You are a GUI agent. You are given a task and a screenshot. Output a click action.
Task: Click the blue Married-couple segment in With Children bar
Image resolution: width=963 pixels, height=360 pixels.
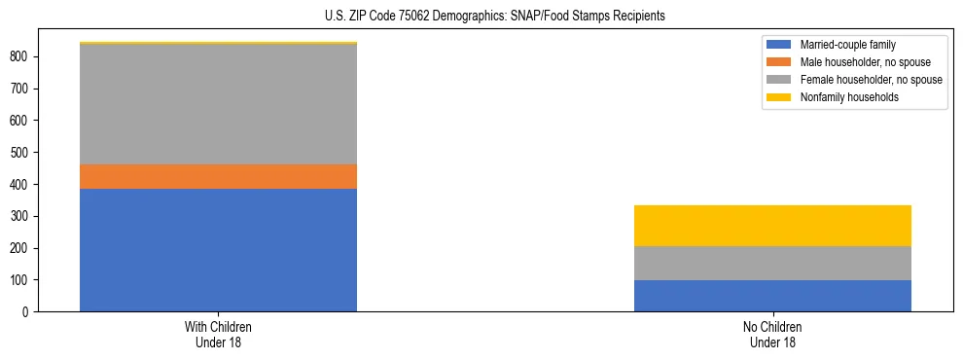coord(218,250)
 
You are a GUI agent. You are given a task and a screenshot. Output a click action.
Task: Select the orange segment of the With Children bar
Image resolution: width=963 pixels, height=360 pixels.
coord(218,176)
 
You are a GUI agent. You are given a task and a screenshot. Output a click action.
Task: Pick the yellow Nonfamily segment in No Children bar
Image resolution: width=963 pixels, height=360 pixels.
coord(772,226)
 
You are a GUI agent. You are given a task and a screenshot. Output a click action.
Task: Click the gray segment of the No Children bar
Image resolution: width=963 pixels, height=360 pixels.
coord(772,263)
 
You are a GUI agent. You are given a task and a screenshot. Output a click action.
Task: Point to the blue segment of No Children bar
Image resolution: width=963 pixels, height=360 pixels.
coord(772,296)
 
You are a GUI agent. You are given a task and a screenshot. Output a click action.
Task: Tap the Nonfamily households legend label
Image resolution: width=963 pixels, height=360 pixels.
coord(848,97)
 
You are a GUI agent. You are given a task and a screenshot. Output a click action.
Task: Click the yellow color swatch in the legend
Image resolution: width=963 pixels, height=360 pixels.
coord(779,97)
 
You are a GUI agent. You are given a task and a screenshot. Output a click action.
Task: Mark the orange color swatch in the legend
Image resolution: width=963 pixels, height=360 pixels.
coord(779,62)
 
